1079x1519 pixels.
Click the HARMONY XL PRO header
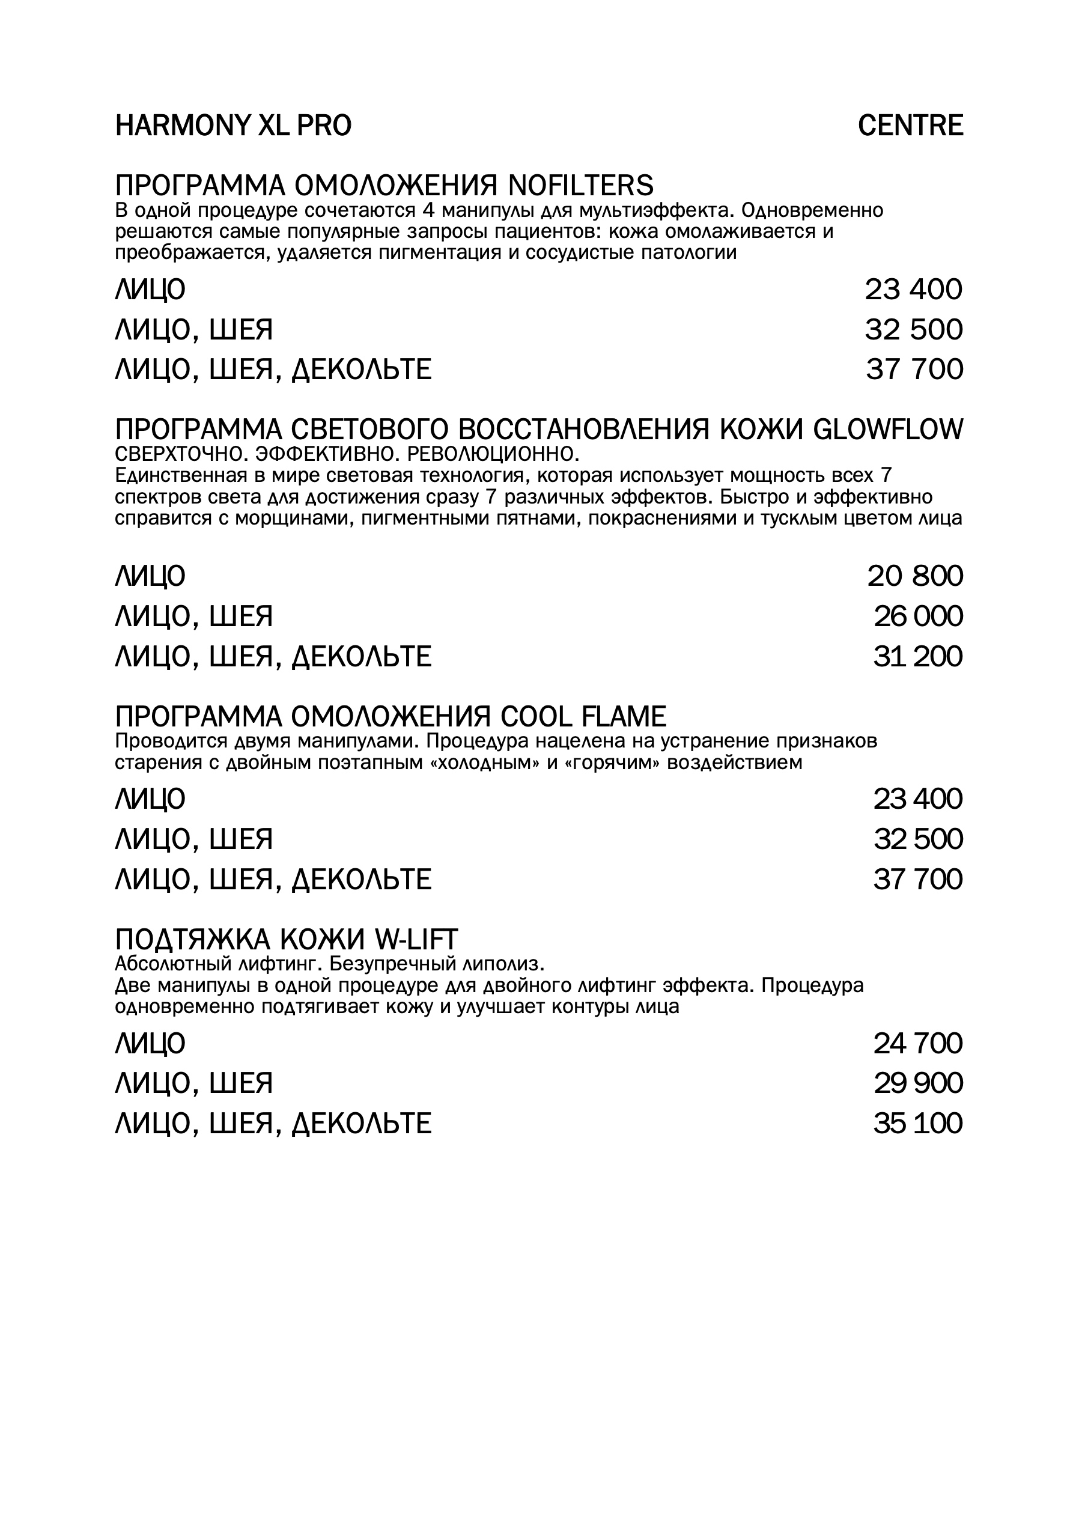[233, 126]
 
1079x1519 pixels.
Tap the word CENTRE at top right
[910, 126]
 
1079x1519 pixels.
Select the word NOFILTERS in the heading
[582, 186]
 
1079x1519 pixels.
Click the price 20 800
[915, 576]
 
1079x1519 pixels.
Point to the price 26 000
[918, 616]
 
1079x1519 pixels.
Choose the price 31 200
[918, 657]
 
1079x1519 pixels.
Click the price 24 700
[918, 1043]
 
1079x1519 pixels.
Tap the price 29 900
[918, 1084]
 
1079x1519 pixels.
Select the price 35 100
[918, 1124]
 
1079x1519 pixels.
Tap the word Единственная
[178, 476]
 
